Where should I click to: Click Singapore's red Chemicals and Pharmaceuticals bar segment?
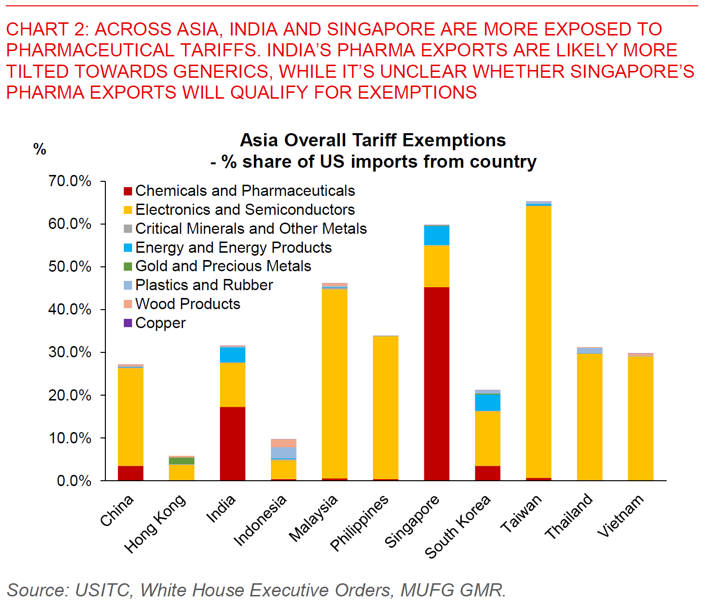pyautogui.click(x=436, y=384)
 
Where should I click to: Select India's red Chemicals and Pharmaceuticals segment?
pyautogui.click(x=233, y=443)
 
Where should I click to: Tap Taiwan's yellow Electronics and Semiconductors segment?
pyautogui.click(x=538, y=340)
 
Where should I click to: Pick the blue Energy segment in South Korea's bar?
pyautogui.click(x=487, y=402)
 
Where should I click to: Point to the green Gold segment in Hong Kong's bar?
pyautogui.click(x=182, y=461)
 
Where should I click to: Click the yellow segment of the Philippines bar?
pyautogui.click(x=386, y=407)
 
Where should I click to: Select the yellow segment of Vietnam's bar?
pyautogui.click(x=640, y=418)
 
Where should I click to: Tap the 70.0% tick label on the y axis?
pyautogui.click(x=70, y=181)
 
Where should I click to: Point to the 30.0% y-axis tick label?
pyautogui.click(x=70, y=352)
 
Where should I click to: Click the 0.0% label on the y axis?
pyautogui.click(x=74, y=481)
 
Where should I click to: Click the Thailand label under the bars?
pyautogui.click(x=569, y=516)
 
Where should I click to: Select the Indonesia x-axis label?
pyautogui.click(x=260, y=521)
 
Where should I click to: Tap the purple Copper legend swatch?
pyautogui.click(x=128, y=323)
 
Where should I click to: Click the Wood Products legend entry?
pyautogui.click(x=187, y=304)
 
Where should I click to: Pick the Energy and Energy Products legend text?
pyautogui.click(x=234, y=247)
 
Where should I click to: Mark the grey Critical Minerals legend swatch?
pyautogui.click(x=128, y=228)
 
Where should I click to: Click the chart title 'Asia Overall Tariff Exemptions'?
pyautogui.click(x=373, y=140)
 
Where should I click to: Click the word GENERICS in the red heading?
pyautogui.click(x=221, y=71)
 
